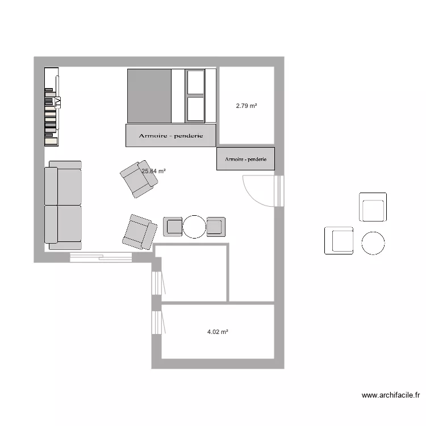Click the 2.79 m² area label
[x=247, y=106]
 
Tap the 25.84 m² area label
[x=154, y=171]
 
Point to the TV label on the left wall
[x=57, y=102]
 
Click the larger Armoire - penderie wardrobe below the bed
[x=171, y=136]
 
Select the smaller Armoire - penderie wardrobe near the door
[x=245, y=159]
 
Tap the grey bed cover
[x=149, y=95]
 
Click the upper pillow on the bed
[x=195, y=82]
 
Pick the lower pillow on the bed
[x=195, y=108]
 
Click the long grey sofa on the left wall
[x=63, y=205]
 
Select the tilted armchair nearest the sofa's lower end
[x=140, y=232]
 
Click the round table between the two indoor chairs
[x=194, y=227]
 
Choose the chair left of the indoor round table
[x=173, y=227]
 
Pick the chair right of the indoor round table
[x=216, y=227]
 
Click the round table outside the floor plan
[x=373, y=243]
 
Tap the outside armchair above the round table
[x=373, y=207]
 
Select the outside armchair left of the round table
[x=339, y=240]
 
